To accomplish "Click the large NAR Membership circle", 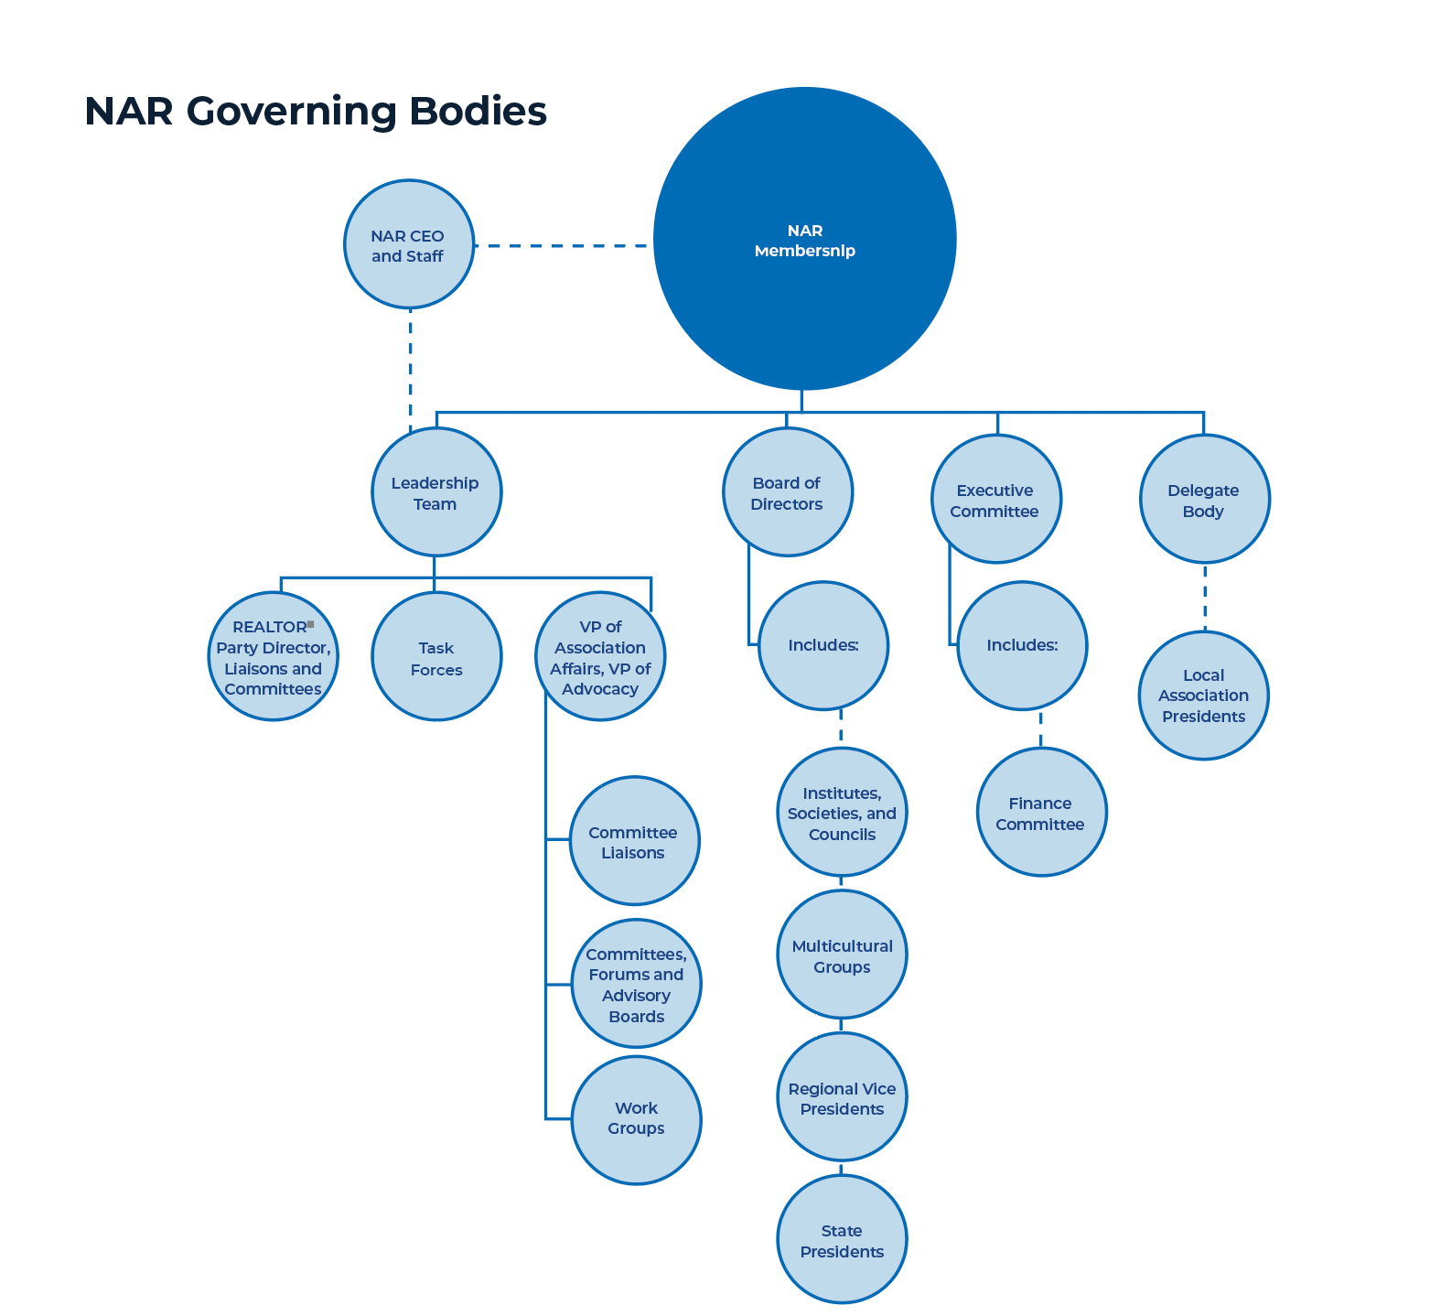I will (x=804, y=240).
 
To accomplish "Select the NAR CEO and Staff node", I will (x=409, y=244).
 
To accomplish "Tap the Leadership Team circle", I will (x=436, y=492).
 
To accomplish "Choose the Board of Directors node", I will (x=787, y=492).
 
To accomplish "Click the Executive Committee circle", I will (x=996, y=500).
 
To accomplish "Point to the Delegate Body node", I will (x=1204, y=500).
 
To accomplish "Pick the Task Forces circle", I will (x=436, y=657).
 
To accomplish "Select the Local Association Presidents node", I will (x=1204, y=696).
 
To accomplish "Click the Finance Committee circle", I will (x=1041, y=813).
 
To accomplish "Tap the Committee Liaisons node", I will (x=634, y=842).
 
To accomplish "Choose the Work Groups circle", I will (x=636, y=1120).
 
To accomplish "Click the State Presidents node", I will (x=842, y=1240).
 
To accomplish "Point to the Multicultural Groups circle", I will (x=842, y=955).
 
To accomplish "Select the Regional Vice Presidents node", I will (x=842, y=1098).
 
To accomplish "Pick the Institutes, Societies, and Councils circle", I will (x=842, y=813).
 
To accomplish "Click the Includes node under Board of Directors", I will (x=823, y=646).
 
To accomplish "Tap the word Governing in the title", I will (x=292, y=112).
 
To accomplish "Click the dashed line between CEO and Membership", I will (x=563, y=245).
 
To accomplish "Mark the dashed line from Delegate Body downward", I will (x=1204, y=597).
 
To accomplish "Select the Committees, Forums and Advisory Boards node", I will (x=636, y=985).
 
